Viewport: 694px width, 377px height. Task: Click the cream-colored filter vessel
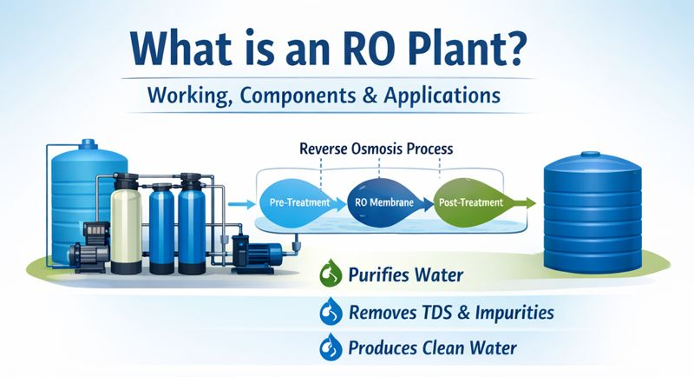(126, 225)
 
